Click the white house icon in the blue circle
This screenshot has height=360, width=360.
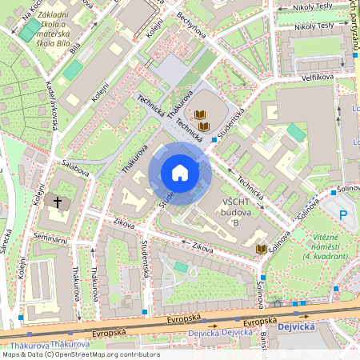180,173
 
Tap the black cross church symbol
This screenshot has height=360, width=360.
58,202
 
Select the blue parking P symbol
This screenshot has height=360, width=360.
344,214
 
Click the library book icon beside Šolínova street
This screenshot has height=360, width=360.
261,250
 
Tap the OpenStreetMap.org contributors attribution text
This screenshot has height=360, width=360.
105,354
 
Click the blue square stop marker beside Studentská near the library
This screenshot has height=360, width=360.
214,140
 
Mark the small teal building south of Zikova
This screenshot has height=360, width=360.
181,266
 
